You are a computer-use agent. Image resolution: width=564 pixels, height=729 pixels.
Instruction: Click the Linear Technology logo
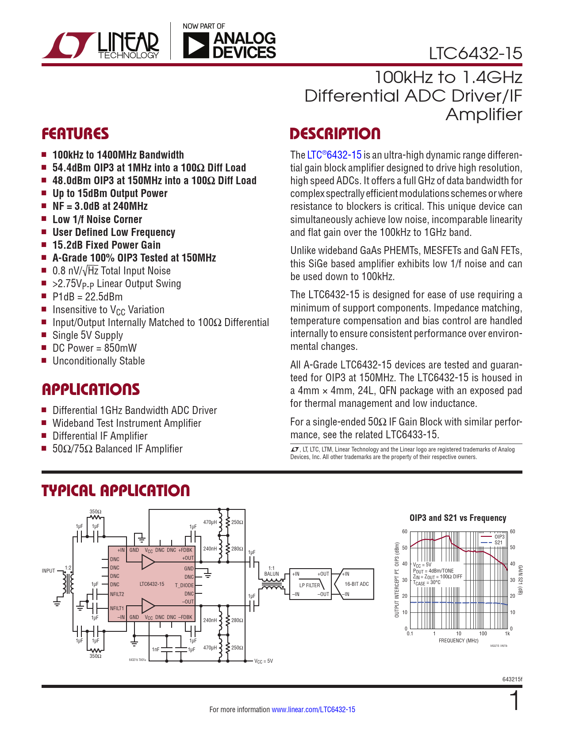[x=101, y=45]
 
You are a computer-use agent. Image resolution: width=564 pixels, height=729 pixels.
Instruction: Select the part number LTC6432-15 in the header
[x=476, y=53]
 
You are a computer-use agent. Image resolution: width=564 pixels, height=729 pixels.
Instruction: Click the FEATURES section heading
[x=75, y=134]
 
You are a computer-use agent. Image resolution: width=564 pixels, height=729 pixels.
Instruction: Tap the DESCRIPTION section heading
[x=335, y=134]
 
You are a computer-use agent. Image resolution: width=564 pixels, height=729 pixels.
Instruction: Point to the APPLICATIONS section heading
[x=91, y=389]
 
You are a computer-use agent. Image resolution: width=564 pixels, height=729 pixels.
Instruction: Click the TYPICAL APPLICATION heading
[x=115, y=490]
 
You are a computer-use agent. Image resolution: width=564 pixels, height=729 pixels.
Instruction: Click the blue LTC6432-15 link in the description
[x=334, y=155]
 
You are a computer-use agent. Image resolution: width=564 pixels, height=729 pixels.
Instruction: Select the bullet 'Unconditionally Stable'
[x=99, y=361]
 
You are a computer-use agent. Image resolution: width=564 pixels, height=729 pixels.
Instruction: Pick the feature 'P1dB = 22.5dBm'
[x=87, y=297]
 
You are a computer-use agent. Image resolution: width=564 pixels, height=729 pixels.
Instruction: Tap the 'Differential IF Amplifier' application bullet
[x=100, y=436]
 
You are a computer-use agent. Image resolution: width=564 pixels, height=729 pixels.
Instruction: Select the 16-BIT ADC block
[x=357, y=584]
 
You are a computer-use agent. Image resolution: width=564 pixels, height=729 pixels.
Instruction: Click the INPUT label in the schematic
[x=48, y=571]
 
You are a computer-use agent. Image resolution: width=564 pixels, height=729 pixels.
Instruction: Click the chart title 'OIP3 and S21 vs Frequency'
[x=458, y=518]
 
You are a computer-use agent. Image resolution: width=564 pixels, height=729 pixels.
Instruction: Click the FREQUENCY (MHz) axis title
[x=458, y=641]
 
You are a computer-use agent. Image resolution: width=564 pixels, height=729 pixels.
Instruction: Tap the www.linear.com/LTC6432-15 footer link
[x=313, y=710]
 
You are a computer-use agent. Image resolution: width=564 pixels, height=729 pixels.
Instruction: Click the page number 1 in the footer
[x=515, y=701]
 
